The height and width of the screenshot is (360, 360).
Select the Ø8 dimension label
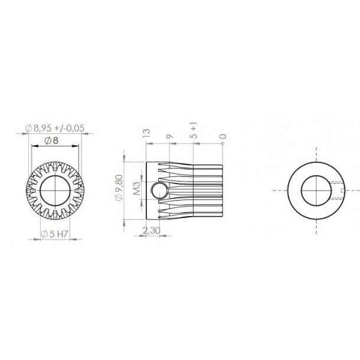[52, 140]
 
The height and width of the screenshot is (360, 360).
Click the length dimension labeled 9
[170, 136]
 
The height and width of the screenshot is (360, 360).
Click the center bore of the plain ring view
[318, 191]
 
